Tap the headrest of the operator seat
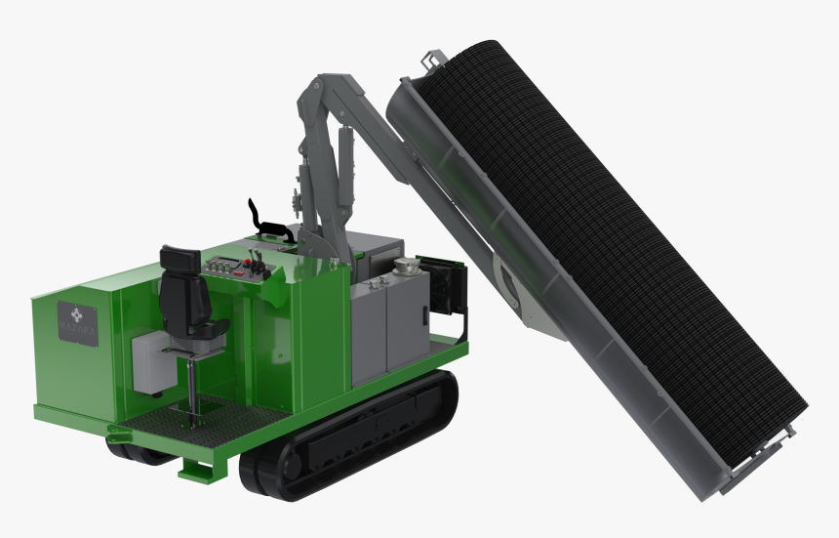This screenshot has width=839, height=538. (176, 259)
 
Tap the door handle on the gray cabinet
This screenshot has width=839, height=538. (425, 315)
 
